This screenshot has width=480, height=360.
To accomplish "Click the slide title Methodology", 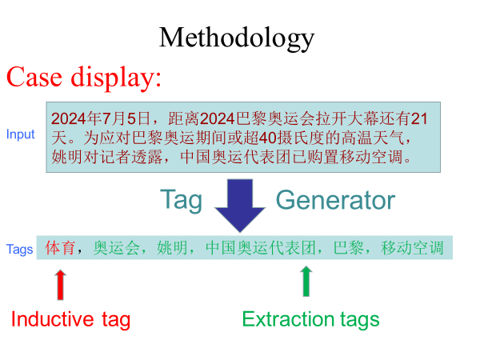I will [x=236, y=38].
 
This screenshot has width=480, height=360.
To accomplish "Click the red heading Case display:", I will [x=84, y=77].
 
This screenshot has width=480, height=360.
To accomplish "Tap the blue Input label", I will [x=20, y=134].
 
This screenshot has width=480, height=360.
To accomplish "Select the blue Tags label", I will [x=19, y=249].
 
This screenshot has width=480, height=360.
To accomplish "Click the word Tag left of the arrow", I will [x=181, y=199].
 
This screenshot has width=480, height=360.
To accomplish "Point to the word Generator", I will [x=335, y=200].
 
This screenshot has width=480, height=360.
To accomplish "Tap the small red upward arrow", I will [x=61, y=283].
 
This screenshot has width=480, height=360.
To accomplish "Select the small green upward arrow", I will [x=305, y=282].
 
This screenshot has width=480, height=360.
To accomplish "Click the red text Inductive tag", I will [x=70, y=320].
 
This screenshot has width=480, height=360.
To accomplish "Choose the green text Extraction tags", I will [x=310, y=320].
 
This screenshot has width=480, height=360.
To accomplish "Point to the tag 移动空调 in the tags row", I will [x=412, y=248].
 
